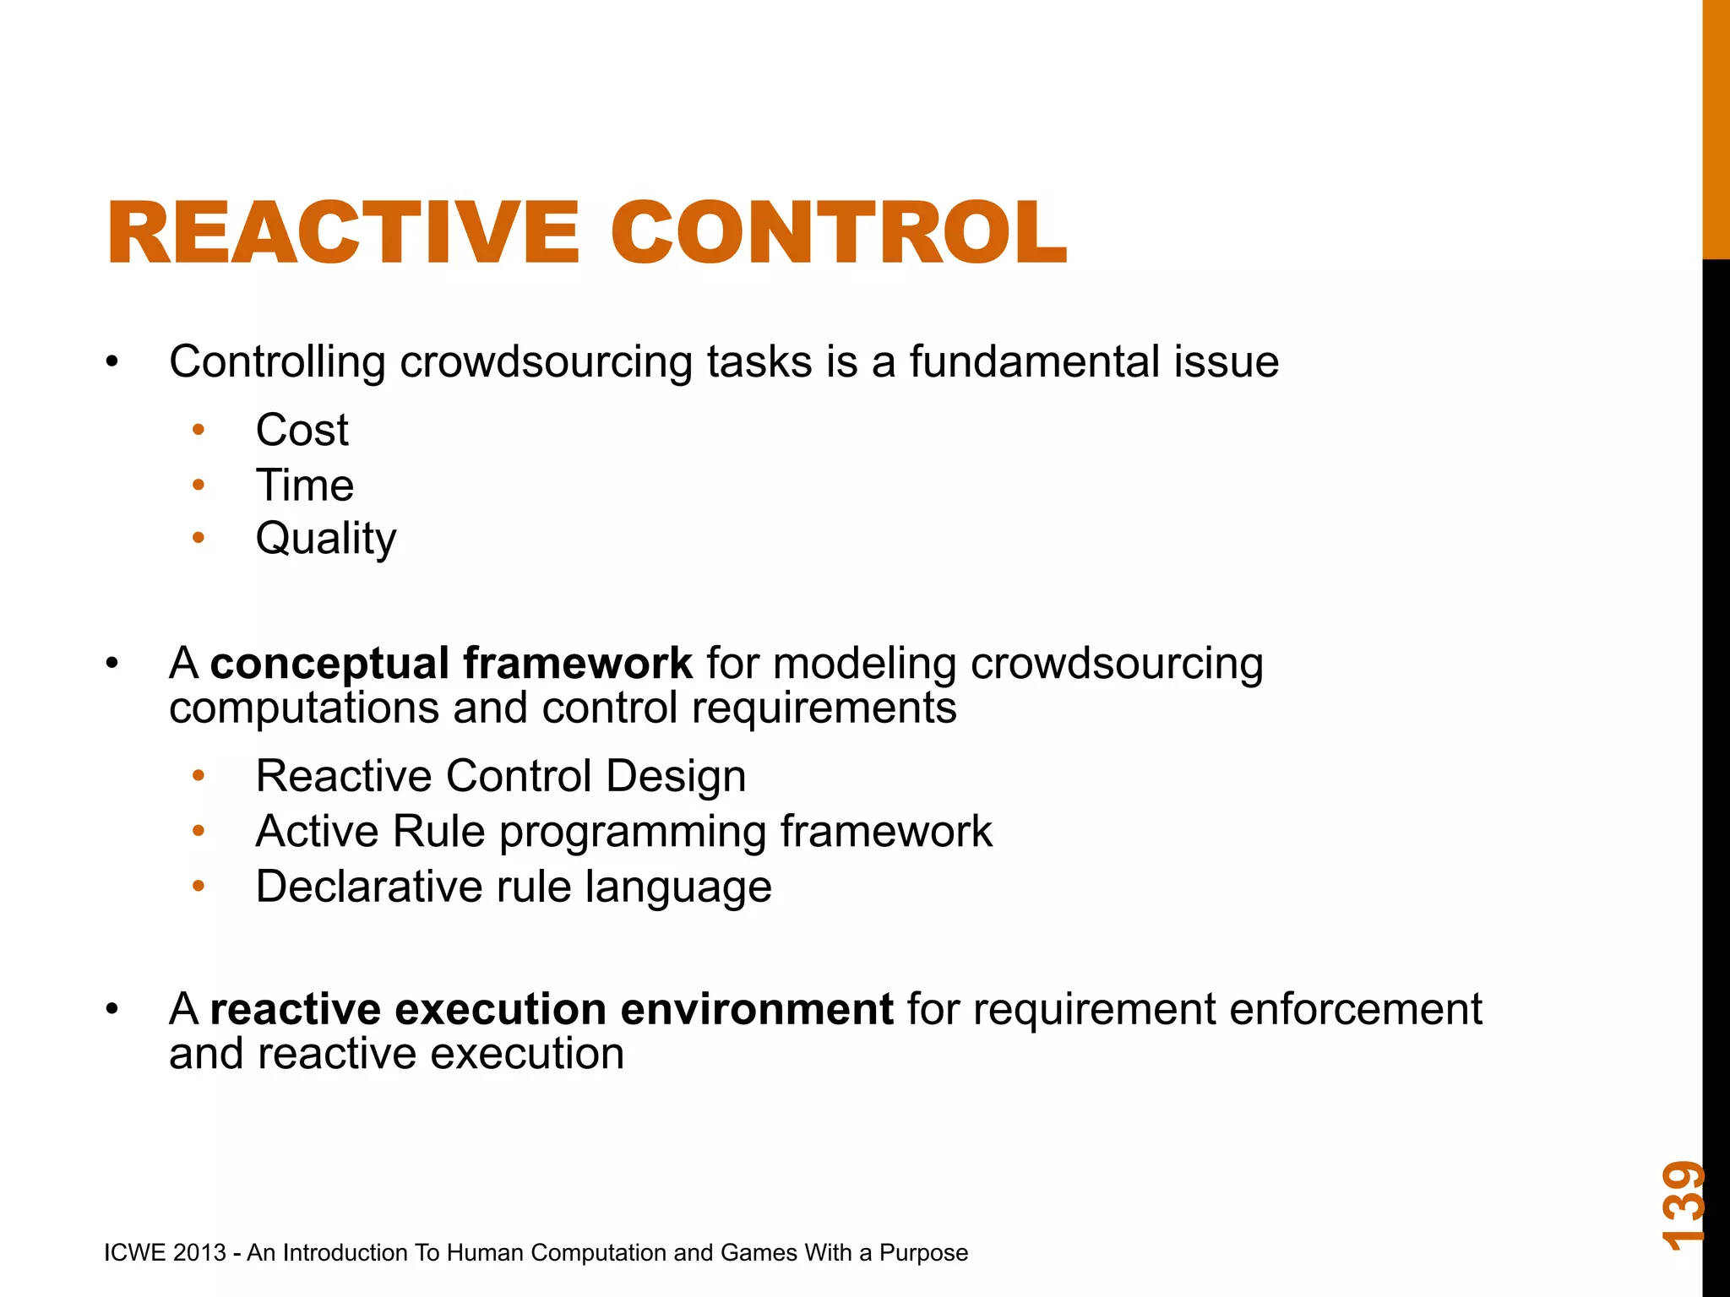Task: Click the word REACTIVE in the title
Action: click(343, 233)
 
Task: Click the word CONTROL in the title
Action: click(838, 233)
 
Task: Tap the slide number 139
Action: click(1683, 1205)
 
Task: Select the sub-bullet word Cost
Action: click(302, 430)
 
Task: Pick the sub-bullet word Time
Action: click(304, 486)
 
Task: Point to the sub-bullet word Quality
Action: click(325, 539)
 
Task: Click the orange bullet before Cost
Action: click(199, 430)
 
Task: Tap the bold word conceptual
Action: click(329, 663)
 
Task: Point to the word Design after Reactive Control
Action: click(676, 776)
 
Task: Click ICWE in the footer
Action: click(134, 1252)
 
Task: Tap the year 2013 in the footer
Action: click(199, 1252)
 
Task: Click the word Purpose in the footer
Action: click(923, 1253)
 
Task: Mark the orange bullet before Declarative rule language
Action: click(199, 887)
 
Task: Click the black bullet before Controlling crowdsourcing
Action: click(112, 362)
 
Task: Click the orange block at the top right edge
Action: click(1716, 127)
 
